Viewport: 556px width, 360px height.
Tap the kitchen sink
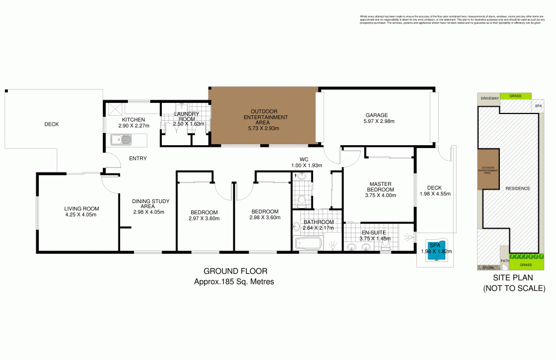click(121, 139)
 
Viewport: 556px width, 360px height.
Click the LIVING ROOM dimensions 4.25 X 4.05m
click(81, 214)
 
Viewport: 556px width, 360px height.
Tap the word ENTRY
click(137, 159)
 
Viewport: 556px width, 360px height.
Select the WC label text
click(304, 160)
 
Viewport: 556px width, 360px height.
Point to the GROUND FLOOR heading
click(235, 272)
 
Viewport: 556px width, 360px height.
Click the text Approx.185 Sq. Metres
click(234, 282)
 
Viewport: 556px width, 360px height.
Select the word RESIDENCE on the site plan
click(517, 189)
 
